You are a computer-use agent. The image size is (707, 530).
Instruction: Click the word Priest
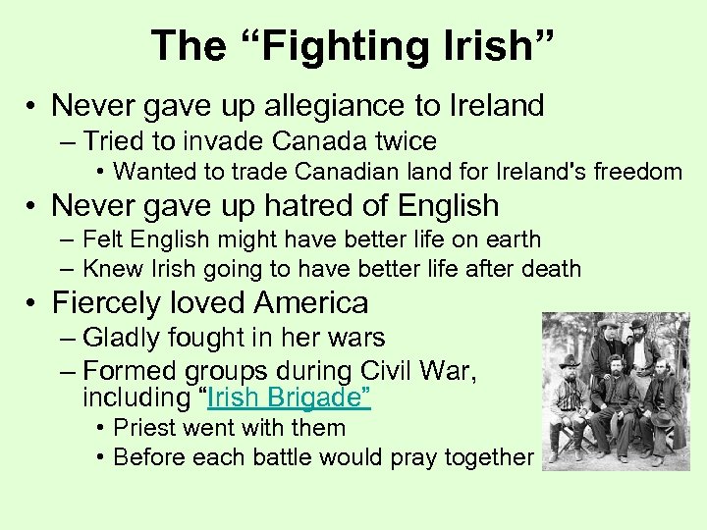147,428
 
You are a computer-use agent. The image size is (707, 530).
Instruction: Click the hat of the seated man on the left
569,361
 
